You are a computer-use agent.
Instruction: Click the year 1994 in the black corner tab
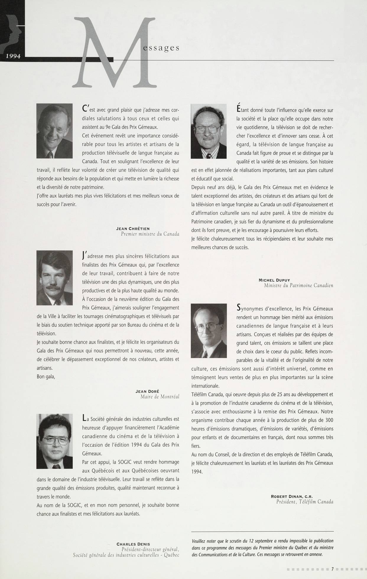pyautogui.click(x=12, y=56)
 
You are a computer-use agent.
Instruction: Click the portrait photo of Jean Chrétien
pyautogui.click(x=54, y=131)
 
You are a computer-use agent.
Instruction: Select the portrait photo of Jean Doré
pyautogui.click(x=54, y=278)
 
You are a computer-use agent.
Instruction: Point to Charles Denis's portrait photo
pyautogui.click(x=54, y=441)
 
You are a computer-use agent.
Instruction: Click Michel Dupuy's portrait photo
pyautogui.click(x=209, y=131)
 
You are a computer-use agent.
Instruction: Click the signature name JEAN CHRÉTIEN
pyautogui.click(x=133, y=228)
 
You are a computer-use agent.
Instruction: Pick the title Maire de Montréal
pyautogui.click(x=160, y=397)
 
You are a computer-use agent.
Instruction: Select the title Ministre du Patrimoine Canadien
pyautogui.click(x=298, y=285)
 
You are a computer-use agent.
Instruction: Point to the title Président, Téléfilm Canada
pyautogui.click(x=304, y=502)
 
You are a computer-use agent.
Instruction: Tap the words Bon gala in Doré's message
pyautogui.click(x=46, y=376)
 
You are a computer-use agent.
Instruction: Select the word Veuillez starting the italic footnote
pyautogui.click(x=200, y=541)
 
